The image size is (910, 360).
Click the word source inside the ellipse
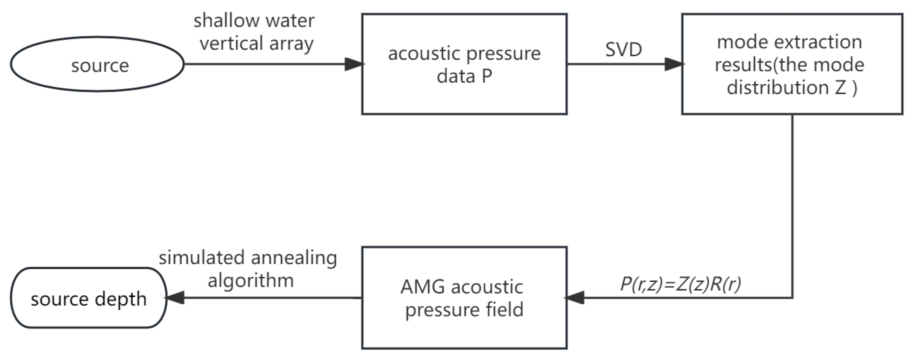(x=100, y=66)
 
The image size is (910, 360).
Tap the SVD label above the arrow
(x=623, y=50)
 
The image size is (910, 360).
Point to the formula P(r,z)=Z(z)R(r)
(x=680, y=284)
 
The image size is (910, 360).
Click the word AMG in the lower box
(x=422, y=287)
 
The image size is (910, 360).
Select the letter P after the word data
(x=486, y=76)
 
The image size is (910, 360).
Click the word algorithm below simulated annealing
(x=251, y=281)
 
